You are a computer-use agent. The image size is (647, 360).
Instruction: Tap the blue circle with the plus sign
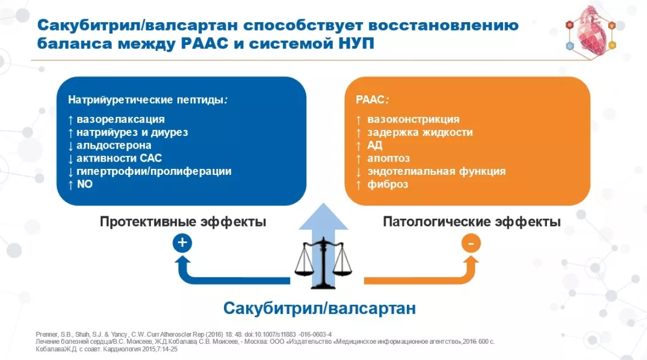click(x=182, y=243)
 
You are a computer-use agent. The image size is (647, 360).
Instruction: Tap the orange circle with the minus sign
click(x=471, y=243)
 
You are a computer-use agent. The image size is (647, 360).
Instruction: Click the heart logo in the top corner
click(x=590, y=32)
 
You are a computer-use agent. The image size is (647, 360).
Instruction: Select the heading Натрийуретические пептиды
click(x=147, y=100)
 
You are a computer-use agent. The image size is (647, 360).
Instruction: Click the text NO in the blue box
click(x=84, y=184)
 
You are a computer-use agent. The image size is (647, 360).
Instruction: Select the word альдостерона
click(x=114, y=146)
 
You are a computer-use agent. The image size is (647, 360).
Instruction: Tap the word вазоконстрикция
click(x=413, y=119)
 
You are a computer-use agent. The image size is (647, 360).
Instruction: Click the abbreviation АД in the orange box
click(x=375, y=146)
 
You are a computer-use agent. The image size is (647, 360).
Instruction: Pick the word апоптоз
click(x=389, y=159)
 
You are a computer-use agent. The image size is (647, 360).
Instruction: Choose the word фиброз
click(x=388, y=184)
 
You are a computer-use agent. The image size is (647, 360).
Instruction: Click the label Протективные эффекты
click(x=183, y=222)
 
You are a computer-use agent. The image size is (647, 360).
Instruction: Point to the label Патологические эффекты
click(x=471, y=222)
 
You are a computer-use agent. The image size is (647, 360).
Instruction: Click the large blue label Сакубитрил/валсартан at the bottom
click(x=319, y=309)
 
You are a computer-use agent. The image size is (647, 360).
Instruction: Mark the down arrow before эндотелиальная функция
click(x=358, y=171)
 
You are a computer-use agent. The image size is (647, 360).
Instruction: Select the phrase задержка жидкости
click(x=420, y=132)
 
